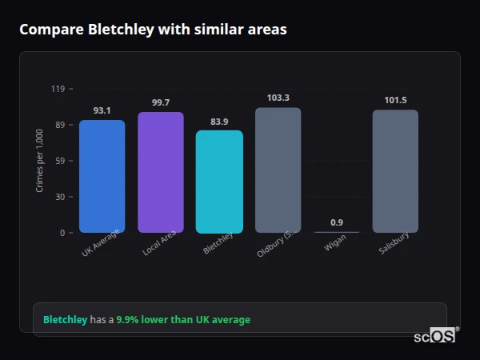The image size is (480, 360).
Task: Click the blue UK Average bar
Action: [102, 176]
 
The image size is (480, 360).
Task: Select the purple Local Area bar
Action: [161, 172]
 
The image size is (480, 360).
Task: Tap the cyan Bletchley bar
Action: [219, 182]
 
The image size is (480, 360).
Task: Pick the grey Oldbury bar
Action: [278, 170]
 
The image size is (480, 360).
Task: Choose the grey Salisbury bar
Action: [395, 171]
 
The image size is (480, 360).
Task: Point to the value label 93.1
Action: [102, 110]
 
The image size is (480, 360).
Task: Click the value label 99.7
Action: [161, 102]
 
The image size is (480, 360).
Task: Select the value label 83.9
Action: [219, 122]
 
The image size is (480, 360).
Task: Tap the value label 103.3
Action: [278, 98]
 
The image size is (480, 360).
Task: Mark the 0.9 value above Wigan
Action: [337, 222]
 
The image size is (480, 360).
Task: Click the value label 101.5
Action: [395, 100]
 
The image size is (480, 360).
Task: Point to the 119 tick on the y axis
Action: [58, 89]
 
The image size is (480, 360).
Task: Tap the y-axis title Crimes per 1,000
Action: [40, 160]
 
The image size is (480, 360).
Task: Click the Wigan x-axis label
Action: [335, 243]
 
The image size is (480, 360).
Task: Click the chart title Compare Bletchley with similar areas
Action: [153, 30]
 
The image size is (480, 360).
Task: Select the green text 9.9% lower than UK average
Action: [183, 320]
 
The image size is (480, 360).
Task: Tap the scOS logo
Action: [435, 337]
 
